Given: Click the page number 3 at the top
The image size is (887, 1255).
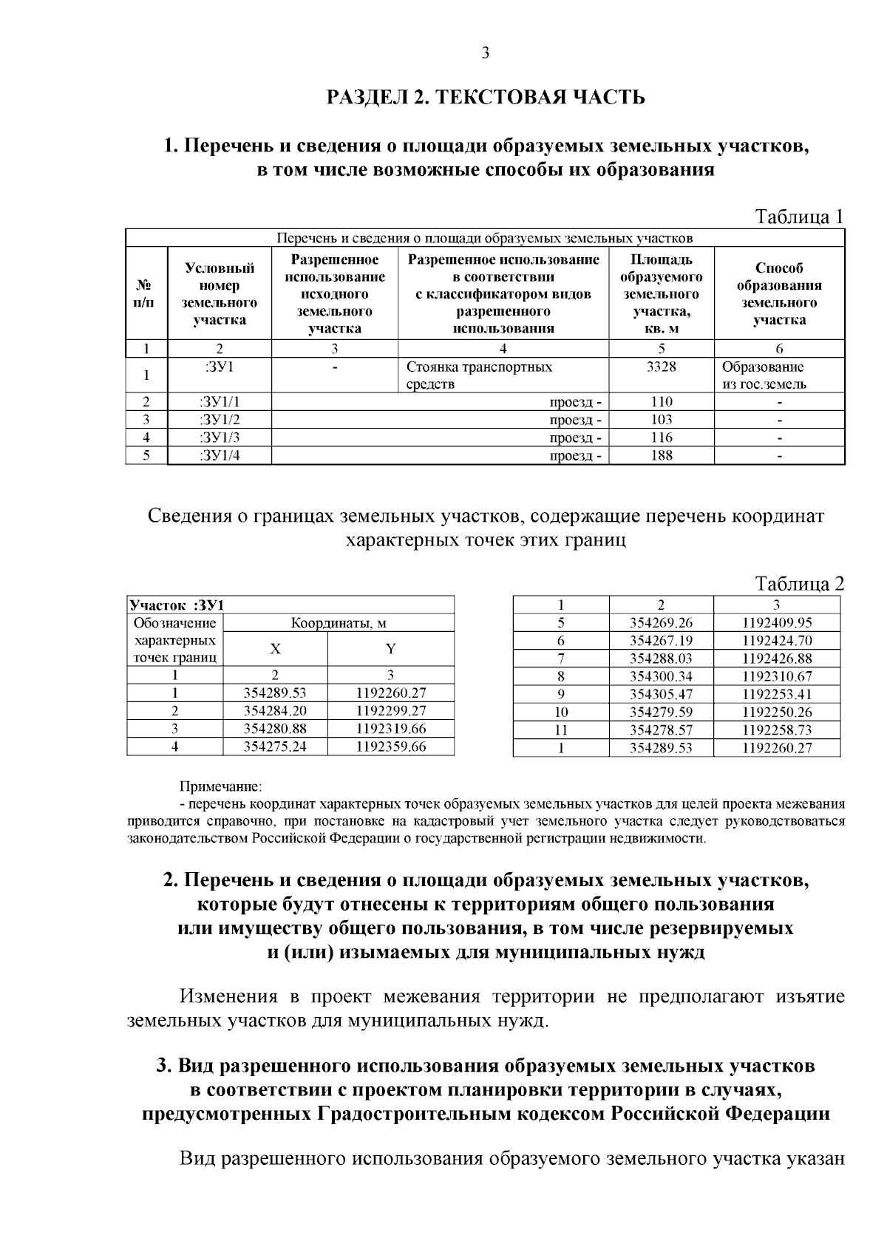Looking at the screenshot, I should click(x=485, y=53).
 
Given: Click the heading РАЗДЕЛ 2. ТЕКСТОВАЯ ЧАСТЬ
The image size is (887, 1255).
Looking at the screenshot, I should click(x=486, y=97).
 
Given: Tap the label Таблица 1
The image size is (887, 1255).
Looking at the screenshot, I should click(x=798, y=217).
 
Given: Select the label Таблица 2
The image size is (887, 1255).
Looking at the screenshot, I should click(x=798, y=584).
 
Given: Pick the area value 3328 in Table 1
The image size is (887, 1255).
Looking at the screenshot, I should click(x=661, y=367).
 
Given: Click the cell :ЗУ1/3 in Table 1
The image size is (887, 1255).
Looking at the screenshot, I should click(x=220, y=438).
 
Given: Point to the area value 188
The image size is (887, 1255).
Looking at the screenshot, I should click(x=661, y=455).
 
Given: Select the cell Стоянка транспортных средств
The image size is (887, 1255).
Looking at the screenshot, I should click(x=480, y=375).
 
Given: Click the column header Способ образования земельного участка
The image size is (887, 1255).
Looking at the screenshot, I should click(x=779, y=293).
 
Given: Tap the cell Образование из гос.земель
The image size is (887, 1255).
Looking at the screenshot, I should click(x=764, y=375).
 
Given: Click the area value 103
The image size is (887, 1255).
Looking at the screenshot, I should click(x=661, y=420).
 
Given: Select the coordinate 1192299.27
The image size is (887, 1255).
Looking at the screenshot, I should click(x=390, y=711).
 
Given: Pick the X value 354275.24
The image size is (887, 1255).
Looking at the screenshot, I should click(x=275, y=746).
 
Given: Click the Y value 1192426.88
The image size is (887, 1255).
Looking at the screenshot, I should click(x=777, y=658).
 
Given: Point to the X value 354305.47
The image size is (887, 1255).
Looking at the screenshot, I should click(x=661, y=694).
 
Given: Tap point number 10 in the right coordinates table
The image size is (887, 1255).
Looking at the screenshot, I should click(x=561, y=712).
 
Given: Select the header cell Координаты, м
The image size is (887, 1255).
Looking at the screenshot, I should click(x=338, y=623).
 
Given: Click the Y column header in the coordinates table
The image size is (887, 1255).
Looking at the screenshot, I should click(x=390, y=649).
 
